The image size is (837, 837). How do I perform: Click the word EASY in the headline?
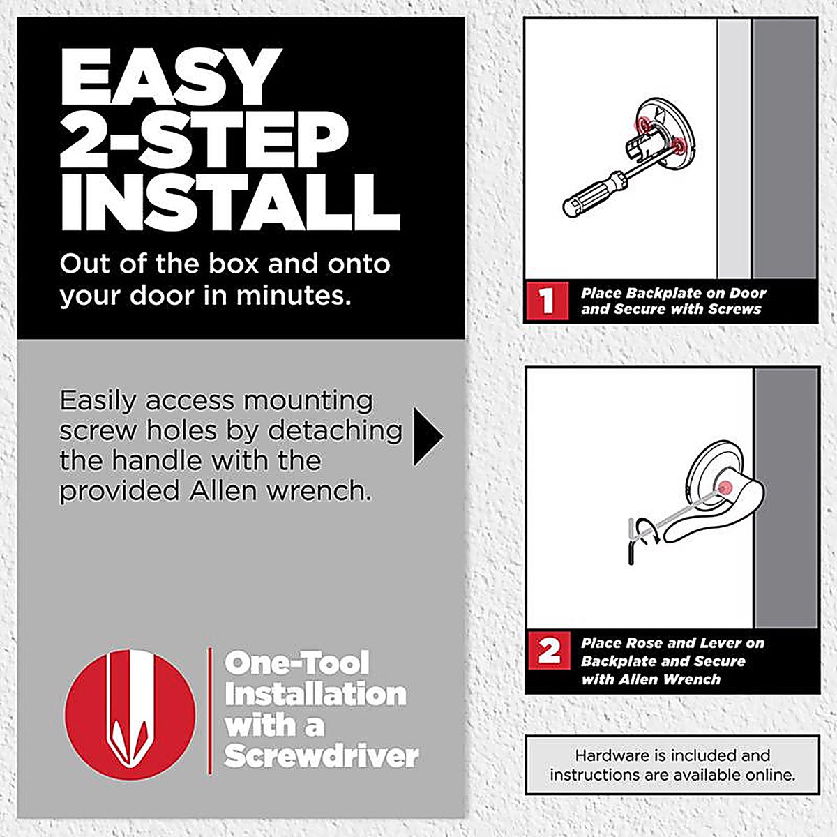tap(169, 77)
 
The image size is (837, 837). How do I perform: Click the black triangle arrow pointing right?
tap(428, 437)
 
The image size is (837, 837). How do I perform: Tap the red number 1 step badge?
tap(548, 301)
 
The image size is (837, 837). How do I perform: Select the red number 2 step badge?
tap(549, 651)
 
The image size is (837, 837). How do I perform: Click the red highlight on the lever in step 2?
tap(724, 488)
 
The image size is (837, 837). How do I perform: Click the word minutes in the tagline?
tap(294, 295)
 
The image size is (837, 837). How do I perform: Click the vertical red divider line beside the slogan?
tap(210, 711)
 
